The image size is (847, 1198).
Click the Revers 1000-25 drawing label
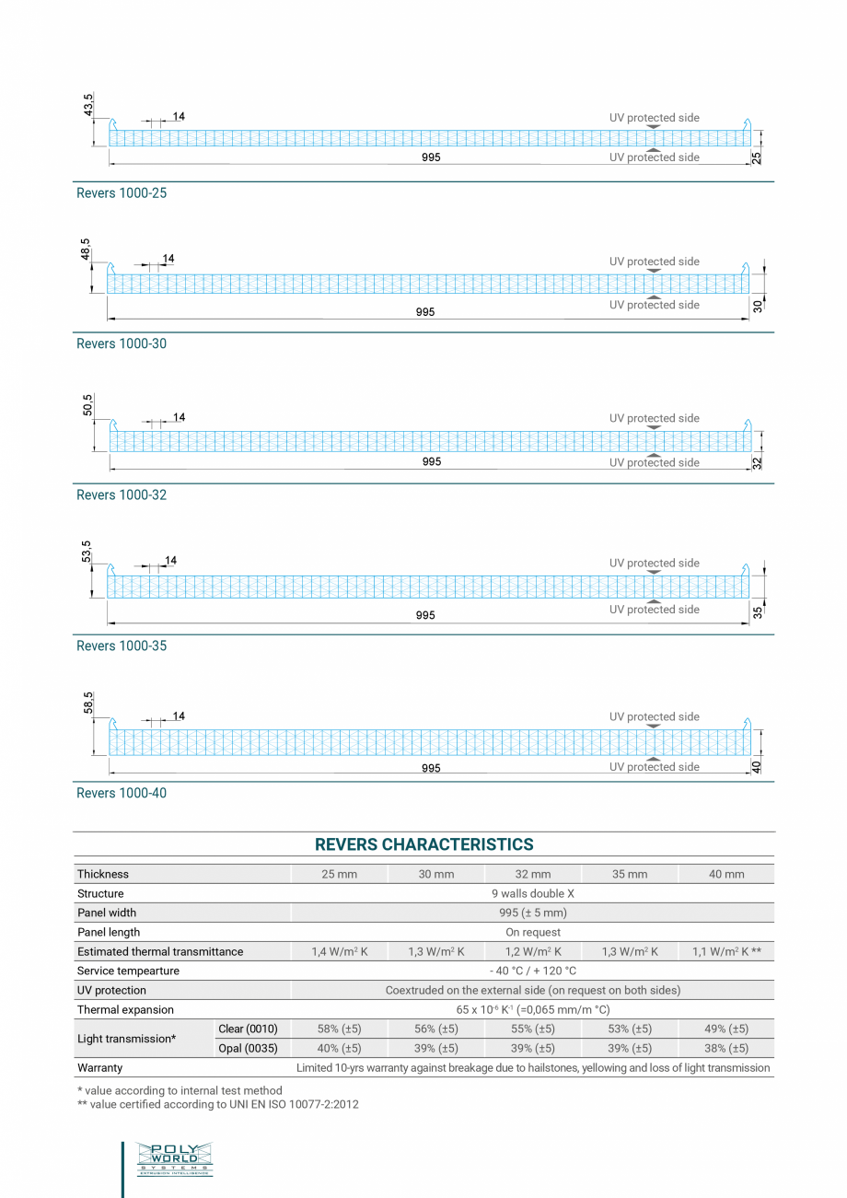coord(122,193)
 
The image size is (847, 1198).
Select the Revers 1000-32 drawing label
coord(122,495)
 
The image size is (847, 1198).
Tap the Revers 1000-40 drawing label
coord(122,793)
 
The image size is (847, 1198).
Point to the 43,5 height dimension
coord(88,105)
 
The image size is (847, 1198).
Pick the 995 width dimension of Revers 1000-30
coord(424,312)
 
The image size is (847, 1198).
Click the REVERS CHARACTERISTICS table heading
coord(423,844)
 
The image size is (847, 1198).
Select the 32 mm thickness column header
coord(533,874)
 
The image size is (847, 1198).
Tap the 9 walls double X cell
coord(533,893)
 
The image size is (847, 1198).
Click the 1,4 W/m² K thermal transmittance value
coord(340,951)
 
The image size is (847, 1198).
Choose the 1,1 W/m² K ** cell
coord(726,951)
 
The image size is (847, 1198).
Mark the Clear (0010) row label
coord(248,1029)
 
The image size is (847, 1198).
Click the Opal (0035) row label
coord(248,1048)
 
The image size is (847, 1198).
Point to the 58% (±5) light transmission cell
coord(340,1029)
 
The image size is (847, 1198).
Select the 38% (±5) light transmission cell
coord(726,1048)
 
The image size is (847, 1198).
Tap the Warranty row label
coord(99,1068)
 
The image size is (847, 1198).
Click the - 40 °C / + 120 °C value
coord(533,971)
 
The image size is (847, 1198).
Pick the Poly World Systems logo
coord(174,1158)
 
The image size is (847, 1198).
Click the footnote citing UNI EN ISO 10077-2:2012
coord(218,1103)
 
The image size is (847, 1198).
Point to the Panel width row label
coord(107,913)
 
